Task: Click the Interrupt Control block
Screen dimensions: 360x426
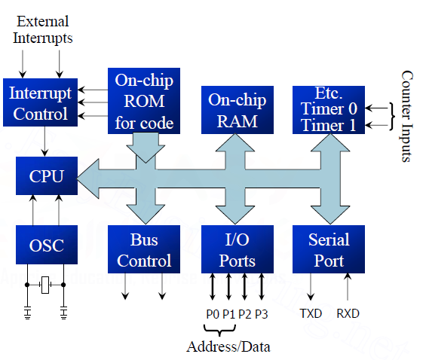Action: (40, 104)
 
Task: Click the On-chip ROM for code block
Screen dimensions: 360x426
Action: (143, 101)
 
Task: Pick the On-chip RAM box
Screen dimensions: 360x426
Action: (237, 111)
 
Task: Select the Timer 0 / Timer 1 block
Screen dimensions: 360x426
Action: (328, 110)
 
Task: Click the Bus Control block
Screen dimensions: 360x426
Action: (143, 251)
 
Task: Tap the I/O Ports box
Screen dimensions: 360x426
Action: (237, 251)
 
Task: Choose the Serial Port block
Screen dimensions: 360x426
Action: (328, 251)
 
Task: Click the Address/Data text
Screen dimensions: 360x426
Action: (228, 346)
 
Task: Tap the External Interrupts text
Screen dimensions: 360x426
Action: (44, 29)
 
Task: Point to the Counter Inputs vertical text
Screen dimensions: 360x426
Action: (407, 117)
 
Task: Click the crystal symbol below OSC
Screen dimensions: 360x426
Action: (45, 285)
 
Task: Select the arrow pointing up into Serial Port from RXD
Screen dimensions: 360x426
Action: (348, 288)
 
